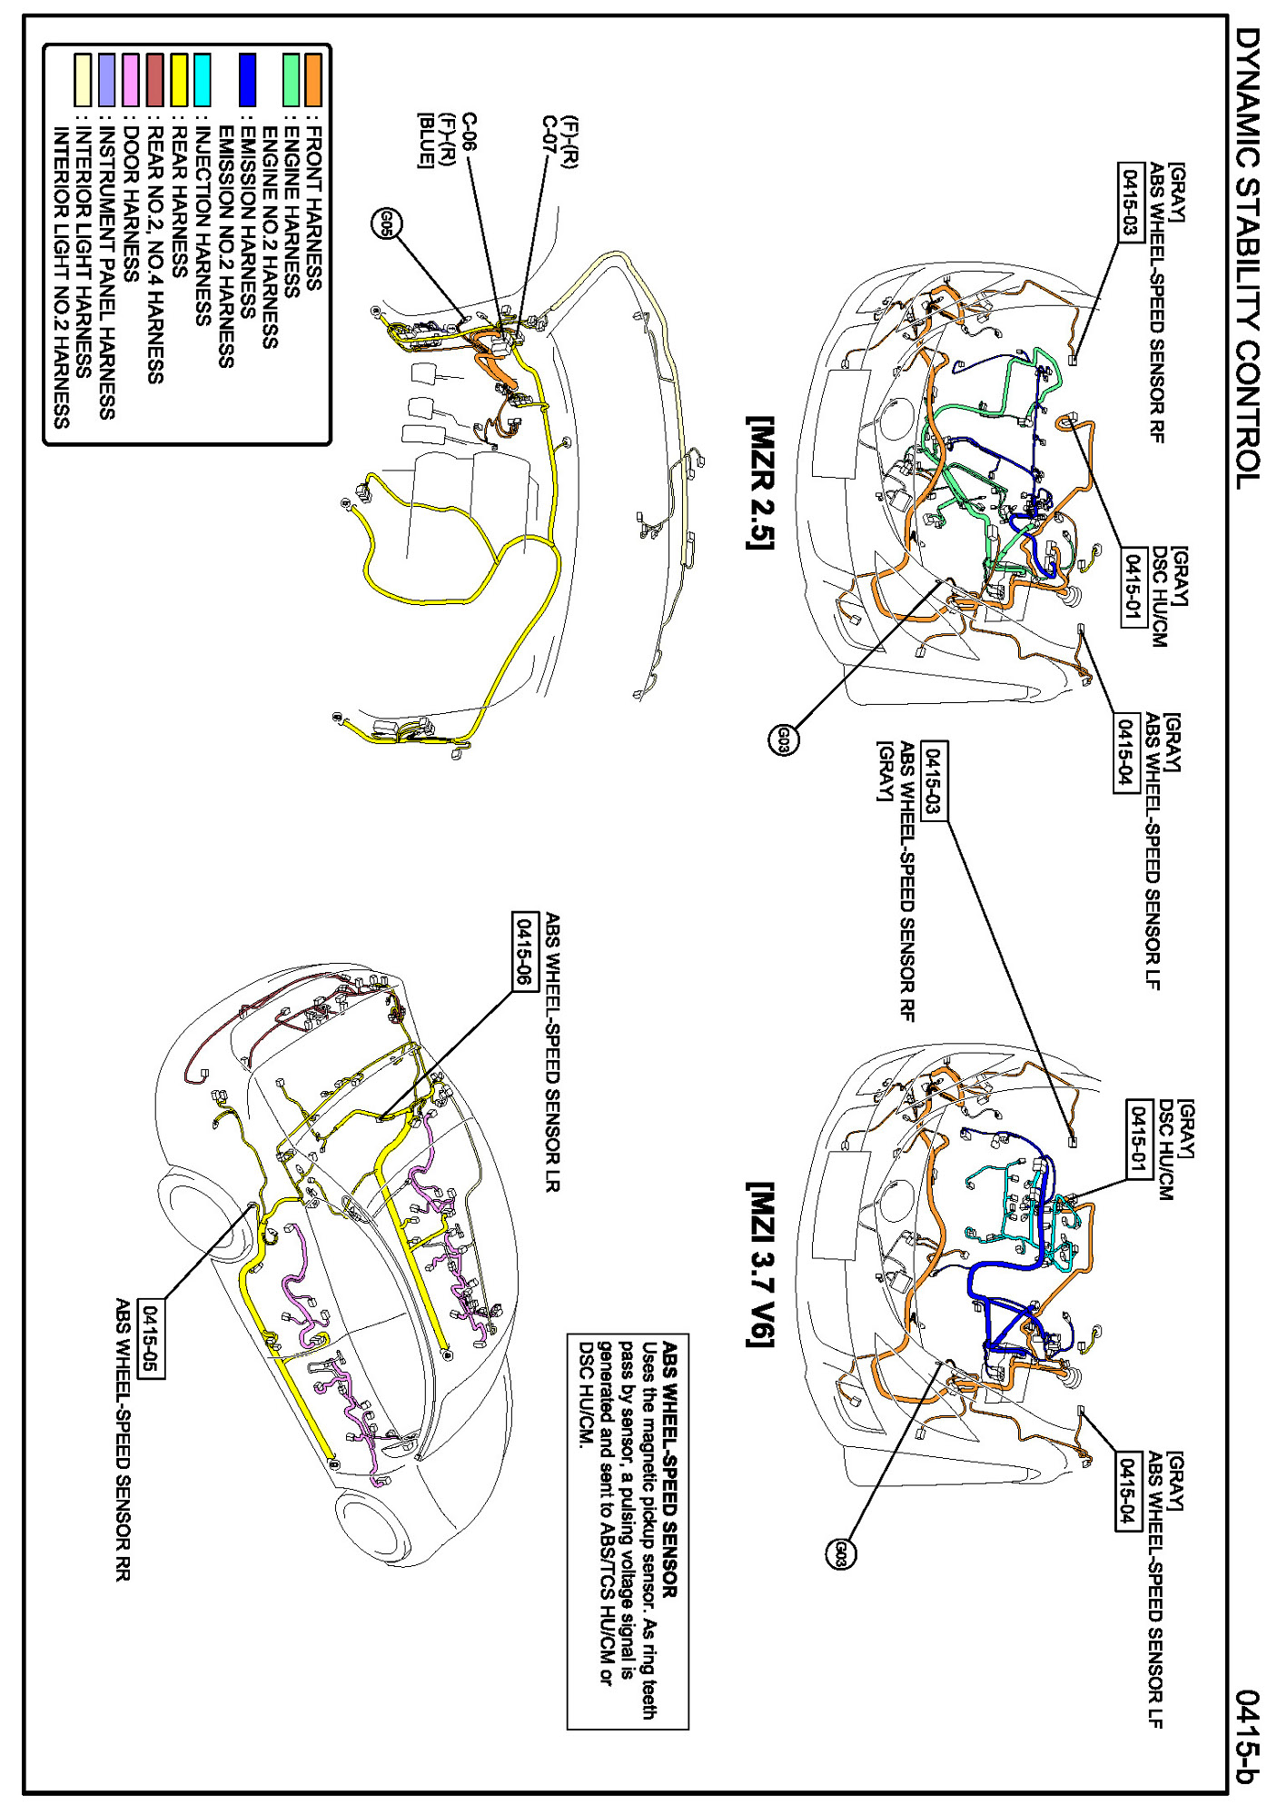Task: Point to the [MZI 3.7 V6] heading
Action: tap(759, 1264)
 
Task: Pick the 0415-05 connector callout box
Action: tap(152, 1339)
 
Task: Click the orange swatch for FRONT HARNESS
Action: tap(313, 80)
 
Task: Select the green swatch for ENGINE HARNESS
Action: tap(291, 80)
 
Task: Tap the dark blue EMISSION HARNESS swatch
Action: tap(247, 80)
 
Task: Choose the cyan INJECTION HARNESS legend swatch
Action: tap(202, 80)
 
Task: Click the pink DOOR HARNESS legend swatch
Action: tap(131, 80)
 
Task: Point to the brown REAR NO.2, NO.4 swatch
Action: tap(154, 80)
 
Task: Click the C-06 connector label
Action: tap(470, 132)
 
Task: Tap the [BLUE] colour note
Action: tap(424, 140)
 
